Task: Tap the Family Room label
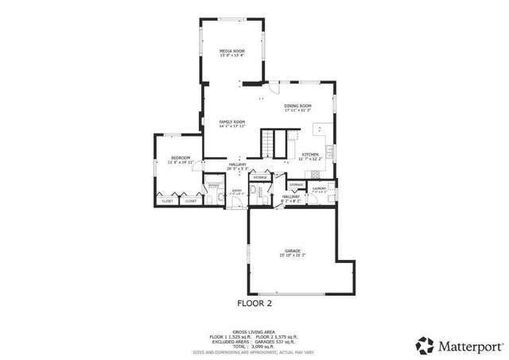click(x=231, y=122)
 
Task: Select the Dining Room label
click(x=297, y=106)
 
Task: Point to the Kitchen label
click(x=309, y=153)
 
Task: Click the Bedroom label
click(x=181, y=157)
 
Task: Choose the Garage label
click(x=292, y=251)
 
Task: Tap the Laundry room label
click(x=320, y=188)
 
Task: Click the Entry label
click(x=236, y=190)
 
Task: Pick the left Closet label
click(x=167, y=201)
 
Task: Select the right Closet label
click(x=191, y=201)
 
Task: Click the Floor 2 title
click(x=254, y=303)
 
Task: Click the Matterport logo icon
click(x=425, y=346)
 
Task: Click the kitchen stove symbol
click(x=332, y=150)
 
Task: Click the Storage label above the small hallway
click(x=296, y=184)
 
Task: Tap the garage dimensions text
click(x=292, y=256)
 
